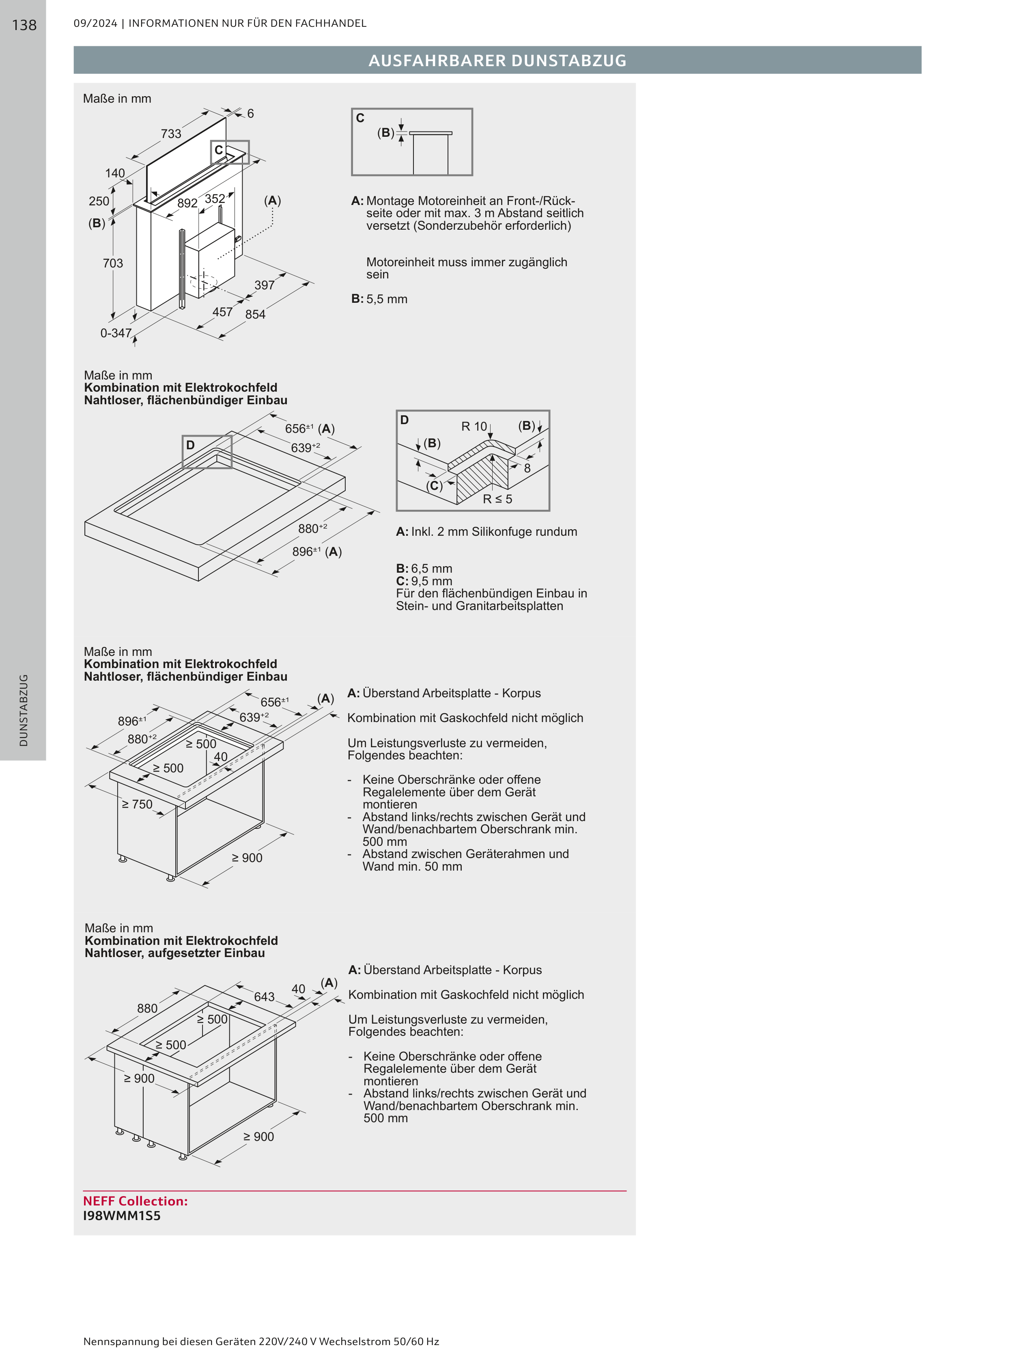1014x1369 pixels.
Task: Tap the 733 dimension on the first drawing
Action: pos(171,134)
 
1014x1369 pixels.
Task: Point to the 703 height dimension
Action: pos(113,263)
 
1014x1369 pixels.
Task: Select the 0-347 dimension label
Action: pos(116,333)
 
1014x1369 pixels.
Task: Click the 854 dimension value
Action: pos(255,314)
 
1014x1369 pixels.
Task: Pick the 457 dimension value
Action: pos(222,312)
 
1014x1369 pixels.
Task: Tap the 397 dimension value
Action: pos(265,285)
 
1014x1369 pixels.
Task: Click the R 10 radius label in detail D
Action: pos(474,426)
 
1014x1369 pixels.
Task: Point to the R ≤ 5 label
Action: pos(497,499)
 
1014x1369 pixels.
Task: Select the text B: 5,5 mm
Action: pos(379,299)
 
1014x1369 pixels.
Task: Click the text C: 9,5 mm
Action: pos(424,581)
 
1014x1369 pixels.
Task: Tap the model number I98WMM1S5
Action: pos(122,1216)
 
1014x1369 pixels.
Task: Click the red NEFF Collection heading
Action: pos(135,1201)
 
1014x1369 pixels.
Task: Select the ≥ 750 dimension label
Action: pos(137,804)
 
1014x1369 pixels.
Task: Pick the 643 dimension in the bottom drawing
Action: pos(265,997)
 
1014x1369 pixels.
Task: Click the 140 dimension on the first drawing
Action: pos(115,173)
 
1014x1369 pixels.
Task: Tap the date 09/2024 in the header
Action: pos(95,23)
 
